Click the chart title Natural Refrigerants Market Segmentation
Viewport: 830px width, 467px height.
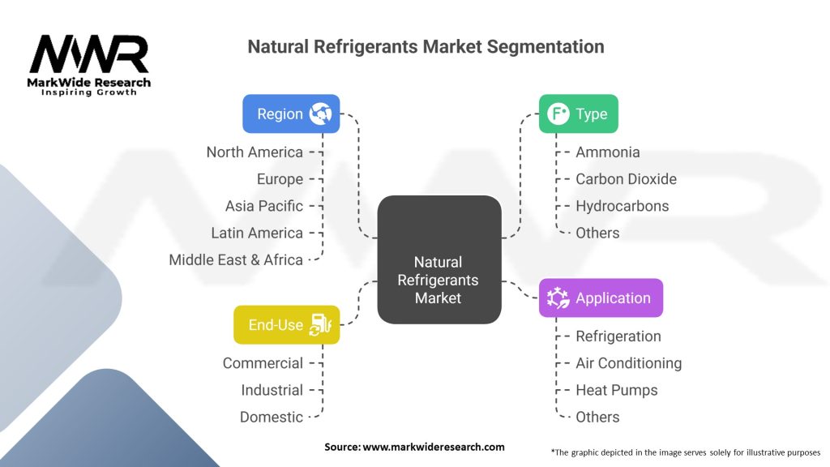426,46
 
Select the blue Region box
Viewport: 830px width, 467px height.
291,114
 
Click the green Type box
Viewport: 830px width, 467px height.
578,114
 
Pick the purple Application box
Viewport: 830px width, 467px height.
601,298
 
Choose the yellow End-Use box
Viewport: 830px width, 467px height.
286,325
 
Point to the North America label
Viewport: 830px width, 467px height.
255,152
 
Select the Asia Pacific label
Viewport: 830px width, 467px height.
264,206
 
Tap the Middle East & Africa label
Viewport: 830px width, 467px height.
236,259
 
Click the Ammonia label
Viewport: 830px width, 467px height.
607,152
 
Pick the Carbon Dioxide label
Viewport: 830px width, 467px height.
626,179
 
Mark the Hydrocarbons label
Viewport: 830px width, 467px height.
622,206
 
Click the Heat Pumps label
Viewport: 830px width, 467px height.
616,390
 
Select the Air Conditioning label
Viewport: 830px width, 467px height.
628,363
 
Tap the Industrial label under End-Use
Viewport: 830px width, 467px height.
272,390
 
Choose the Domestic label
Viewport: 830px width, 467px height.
272,417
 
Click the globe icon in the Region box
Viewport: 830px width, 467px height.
321,114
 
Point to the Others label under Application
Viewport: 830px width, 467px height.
597,417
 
